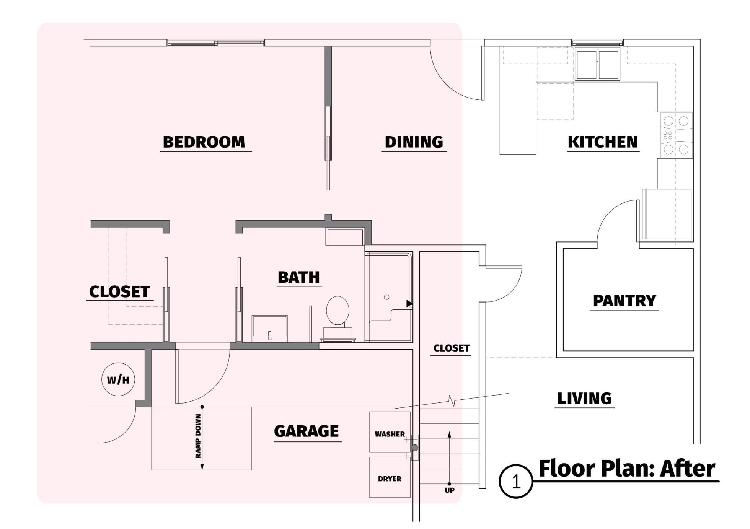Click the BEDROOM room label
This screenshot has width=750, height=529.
coord(204,142)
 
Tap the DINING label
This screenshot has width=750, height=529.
coord(414,142)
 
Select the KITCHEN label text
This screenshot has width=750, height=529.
coord(603,142)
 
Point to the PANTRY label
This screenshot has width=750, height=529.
coord(624,301)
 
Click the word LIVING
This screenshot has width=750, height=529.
coord(584,399)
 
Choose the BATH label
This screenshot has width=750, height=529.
coord(299,277)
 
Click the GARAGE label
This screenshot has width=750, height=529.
coord(307,431)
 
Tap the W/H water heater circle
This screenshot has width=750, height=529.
coord(118,379)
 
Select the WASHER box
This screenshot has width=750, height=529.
coord(390,432)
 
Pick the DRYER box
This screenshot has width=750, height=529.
coord(390,477)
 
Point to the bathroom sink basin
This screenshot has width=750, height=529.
coord(270,328)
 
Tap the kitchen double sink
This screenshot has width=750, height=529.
coord(598,64)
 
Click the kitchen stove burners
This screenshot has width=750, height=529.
coord(676,135)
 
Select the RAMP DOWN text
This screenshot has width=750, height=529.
coord(198,436)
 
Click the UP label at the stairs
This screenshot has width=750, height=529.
coord(450,490)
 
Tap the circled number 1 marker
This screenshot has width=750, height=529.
coord(516,482)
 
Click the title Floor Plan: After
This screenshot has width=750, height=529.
coord(627,469)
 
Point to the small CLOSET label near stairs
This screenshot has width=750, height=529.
coord(452,348)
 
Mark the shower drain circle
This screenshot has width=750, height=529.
coord(386,297)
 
